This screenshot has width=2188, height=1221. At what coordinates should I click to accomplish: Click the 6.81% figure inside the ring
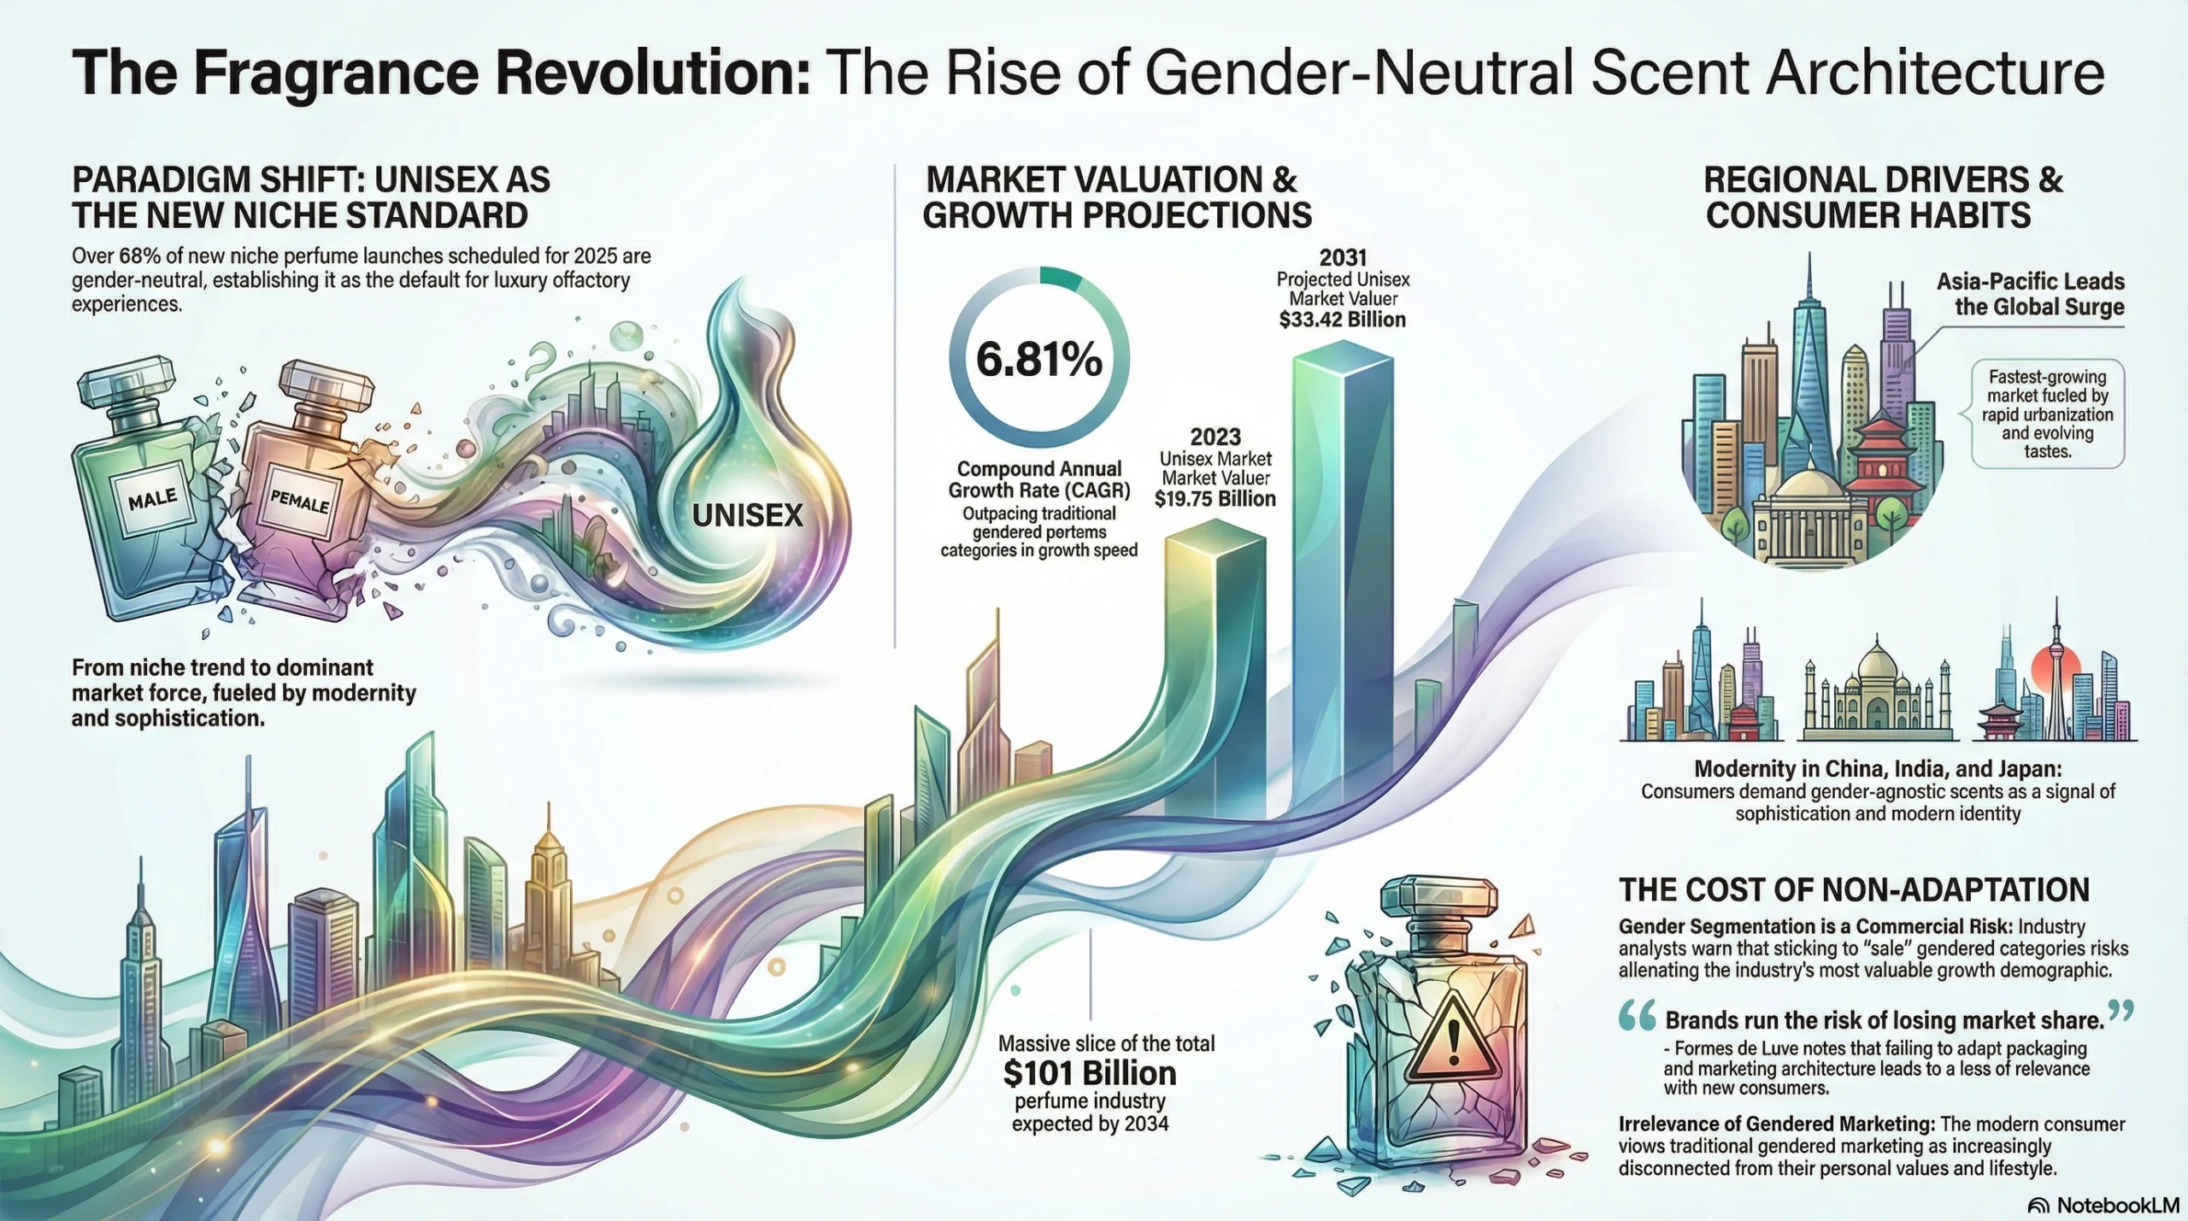coord(1038,360)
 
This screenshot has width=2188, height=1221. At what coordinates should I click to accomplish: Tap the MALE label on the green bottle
coord(153,498)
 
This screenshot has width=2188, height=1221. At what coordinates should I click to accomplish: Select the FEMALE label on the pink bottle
coord(299,499)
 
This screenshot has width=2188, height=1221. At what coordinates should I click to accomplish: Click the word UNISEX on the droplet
coord(748,515)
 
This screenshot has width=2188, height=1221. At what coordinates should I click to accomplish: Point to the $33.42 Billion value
coord(1342,320)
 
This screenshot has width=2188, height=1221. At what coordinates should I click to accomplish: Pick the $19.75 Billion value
coord(1215,499)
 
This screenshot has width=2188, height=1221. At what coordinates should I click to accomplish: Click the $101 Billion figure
coord(1090,1073)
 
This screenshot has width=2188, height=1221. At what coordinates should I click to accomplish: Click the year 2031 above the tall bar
coord(1343,257)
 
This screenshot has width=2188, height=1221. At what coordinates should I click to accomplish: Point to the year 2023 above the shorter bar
coord(1215,437)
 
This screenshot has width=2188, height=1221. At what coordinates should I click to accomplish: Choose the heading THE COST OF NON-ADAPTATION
coord(1854,890)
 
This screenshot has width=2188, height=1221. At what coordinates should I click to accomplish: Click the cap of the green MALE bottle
coord(126,381)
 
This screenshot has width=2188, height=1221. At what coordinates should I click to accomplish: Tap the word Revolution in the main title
coord(653,73)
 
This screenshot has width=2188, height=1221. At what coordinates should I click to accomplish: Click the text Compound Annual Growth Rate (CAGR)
coord(1038,479)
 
